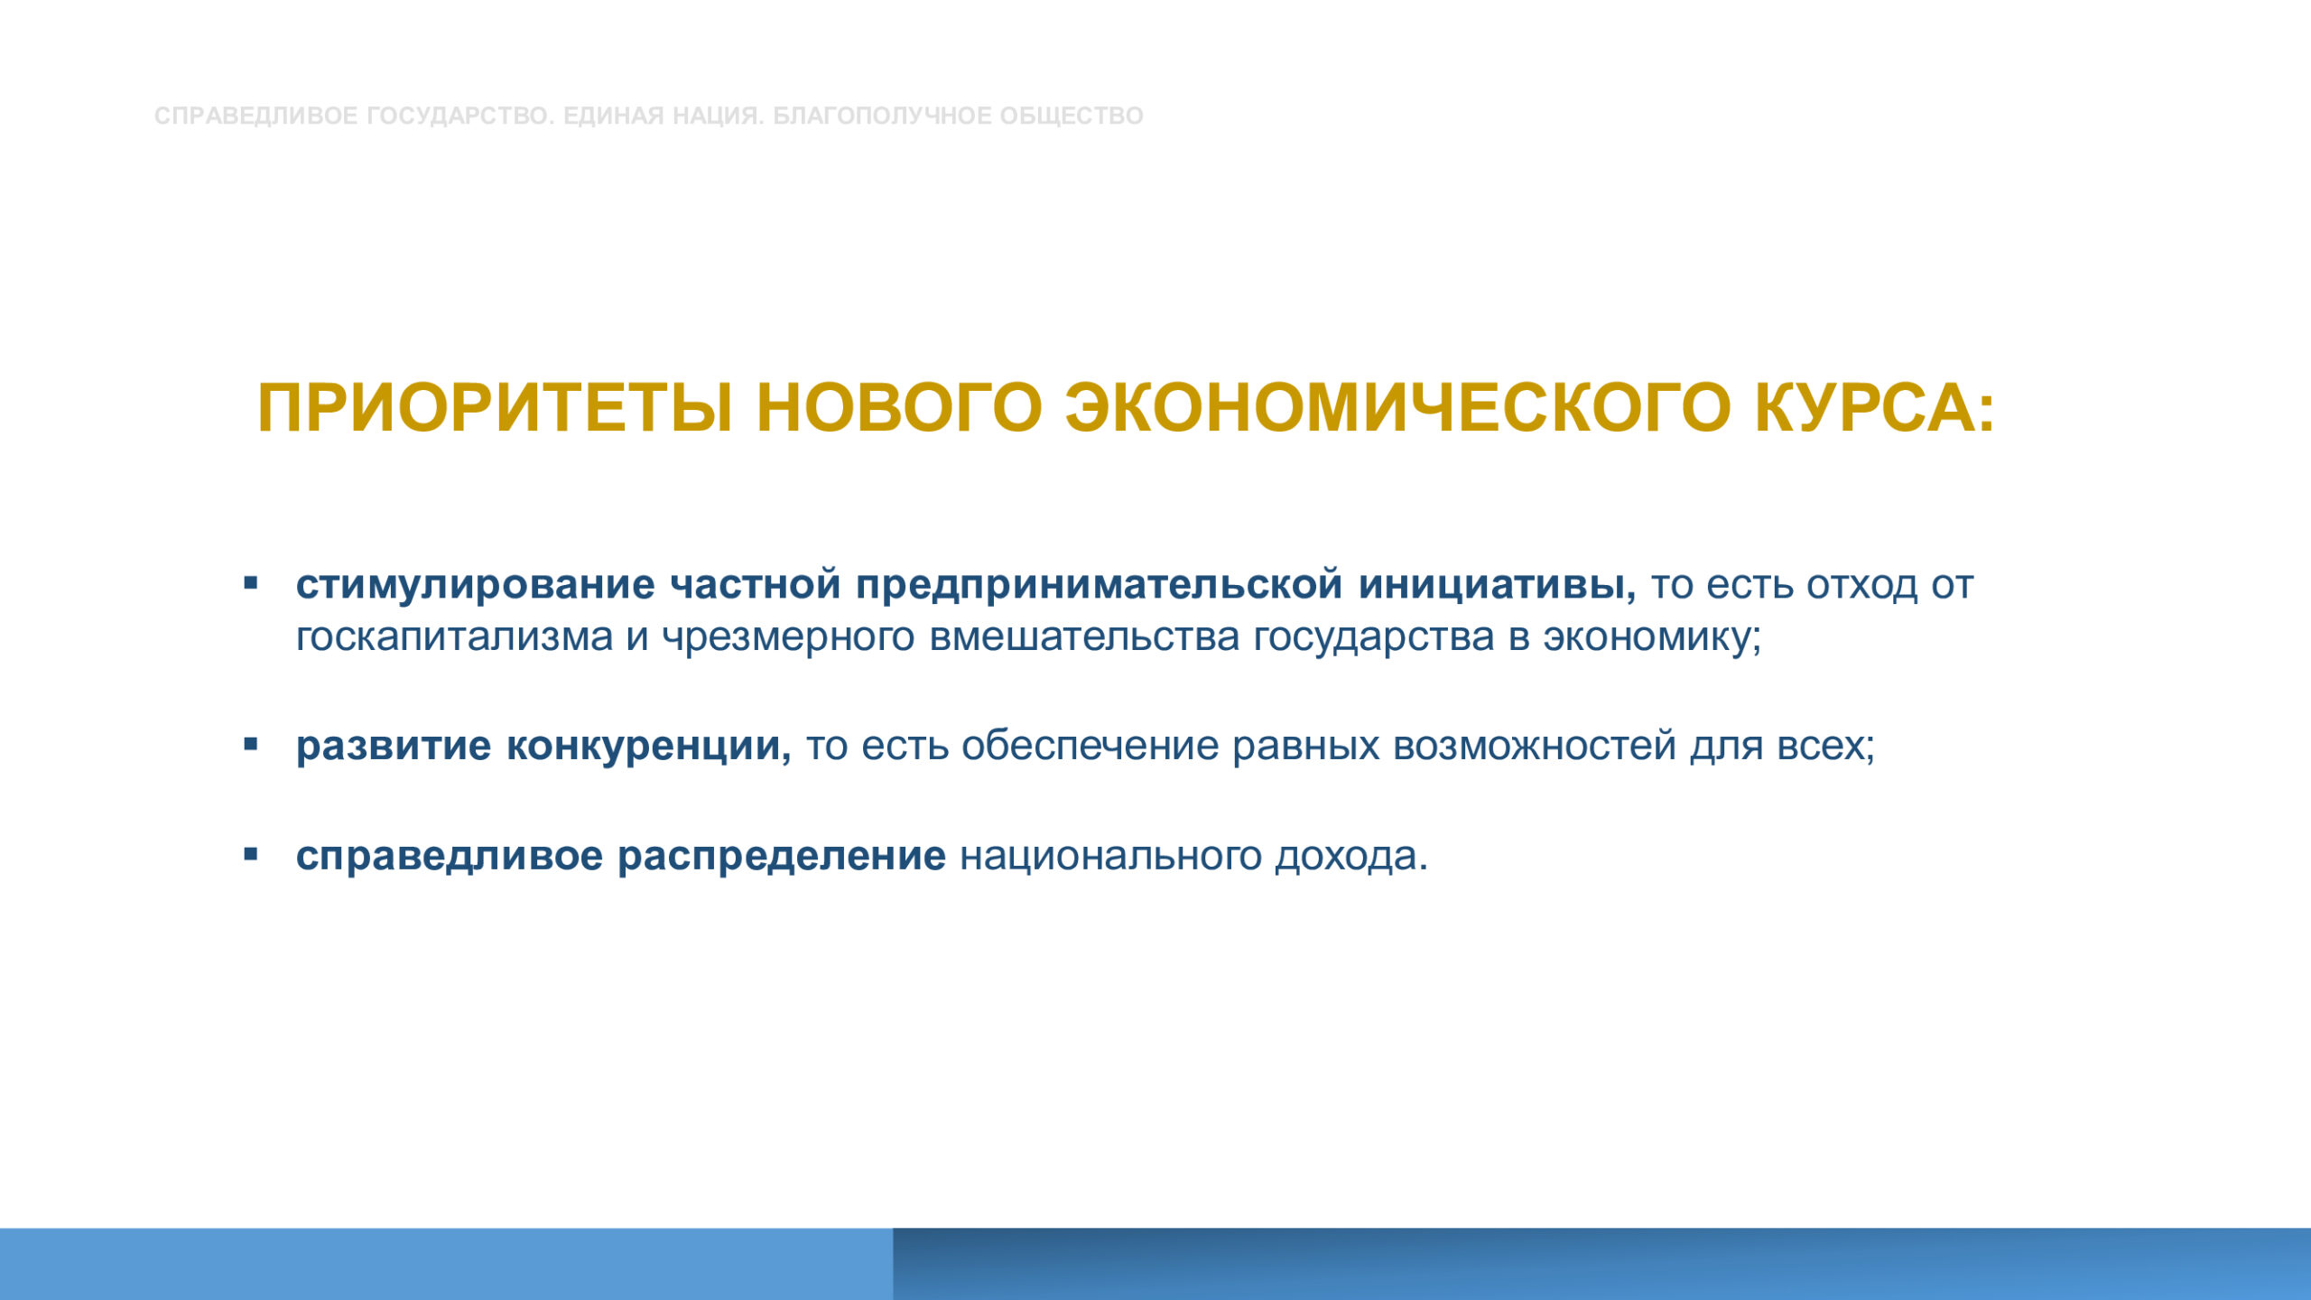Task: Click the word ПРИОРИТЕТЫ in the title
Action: pos(495,408)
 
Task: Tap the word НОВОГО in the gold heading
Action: pos(899,408)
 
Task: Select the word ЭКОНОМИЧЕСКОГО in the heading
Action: pos(1398,408)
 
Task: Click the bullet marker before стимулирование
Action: pos(251,583)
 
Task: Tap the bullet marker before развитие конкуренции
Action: pos(251,745)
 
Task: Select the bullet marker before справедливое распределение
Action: pos(251,854)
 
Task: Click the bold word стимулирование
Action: pos(475,585)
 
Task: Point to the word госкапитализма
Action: pos(454,637)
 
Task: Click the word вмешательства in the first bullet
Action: pos(1085,637)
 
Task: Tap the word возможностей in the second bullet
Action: pos(1535,747)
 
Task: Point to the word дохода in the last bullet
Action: pos(1351,857)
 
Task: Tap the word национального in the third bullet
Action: pos(1110,856)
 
